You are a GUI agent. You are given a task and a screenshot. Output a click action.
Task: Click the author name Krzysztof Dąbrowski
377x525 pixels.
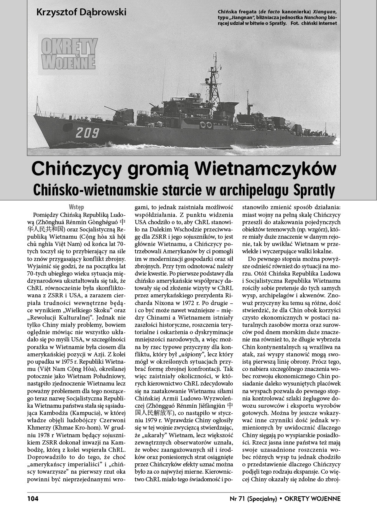click(81, 12)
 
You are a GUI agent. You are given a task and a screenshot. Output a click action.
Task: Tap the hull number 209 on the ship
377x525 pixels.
click(87, 133)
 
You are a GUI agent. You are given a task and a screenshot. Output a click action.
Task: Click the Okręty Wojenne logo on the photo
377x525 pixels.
click(69, 54)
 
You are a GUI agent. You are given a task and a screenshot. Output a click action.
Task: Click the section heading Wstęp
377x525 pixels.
click(76, 207)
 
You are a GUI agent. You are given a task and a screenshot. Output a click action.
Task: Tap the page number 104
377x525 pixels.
click(33, 499)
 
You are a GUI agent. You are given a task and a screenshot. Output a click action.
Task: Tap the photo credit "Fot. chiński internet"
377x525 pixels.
click(313, 23)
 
